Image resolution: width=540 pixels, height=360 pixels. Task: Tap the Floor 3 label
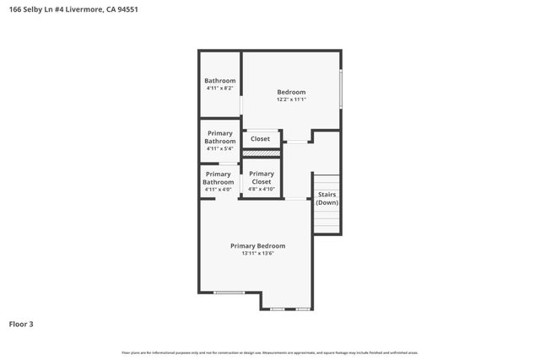(22, 324)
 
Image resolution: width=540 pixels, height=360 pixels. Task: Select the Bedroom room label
(291, 92)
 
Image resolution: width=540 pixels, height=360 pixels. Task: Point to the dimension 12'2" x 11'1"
(291, 99)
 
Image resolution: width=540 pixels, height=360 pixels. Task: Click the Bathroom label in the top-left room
(219, 81)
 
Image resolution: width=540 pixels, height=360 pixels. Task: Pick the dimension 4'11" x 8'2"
(219, 89)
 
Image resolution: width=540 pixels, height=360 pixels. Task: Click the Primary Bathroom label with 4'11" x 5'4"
(219, 137)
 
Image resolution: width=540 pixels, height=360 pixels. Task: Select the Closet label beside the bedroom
(260, 139)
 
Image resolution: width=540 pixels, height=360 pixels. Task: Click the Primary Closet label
(262, 178)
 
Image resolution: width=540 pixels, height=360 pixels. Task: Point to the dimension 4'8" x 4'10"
(262, 190)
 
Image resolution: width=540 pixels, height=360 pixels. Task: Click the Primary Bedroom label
(257, 246)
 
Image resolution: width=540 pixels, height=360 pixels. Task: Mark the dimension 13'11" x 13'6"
(257, 254)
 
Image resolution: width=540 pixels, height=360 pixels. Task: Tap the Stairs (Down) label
(327, 199)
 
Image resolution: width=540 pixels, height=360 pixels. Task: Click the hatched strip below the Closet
(261, 153)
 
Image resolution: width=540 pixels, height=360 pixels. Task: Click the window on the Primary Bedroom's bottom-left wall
(228, 293)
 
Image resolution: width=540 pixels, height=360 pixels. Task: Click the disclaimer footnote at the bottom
(270, 352)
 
